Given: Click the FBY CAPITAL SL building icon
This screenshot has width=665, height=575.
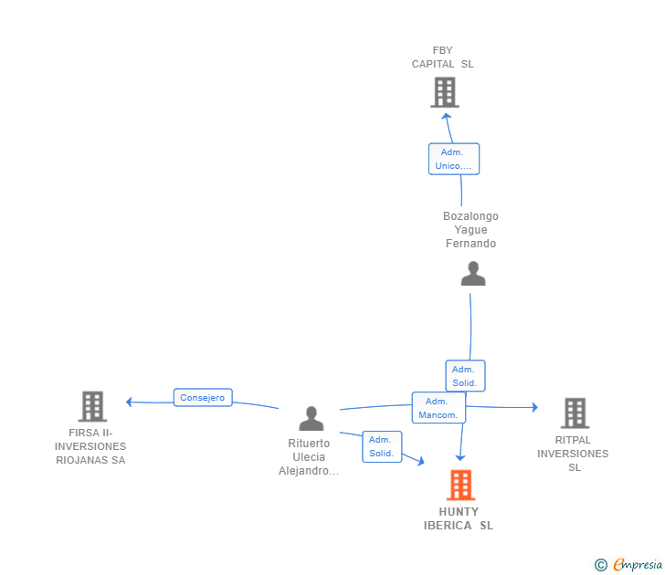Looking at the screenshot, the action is (x=445, y=92).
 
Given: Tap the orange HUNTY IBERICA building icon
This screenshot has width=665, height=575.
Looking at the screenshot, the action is (x=460, y=485).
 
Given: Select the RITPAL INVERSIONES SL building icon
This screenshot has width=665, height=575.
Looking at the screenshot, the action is (x=575, y=413).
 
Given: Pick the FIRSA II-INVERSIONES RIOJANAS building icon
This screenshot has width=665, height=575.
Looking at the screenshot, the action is (x=92, y=406).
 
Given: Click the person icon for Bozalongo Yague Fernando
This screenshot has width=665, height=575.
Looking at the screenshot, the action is (x=473, y=273).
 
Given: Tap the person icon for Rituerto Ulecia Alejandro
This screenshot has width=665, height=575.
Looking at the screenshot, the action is (x=311, y=418).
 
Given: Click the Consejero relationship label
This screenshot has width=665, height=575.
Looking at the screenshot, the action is (x=203, y=397).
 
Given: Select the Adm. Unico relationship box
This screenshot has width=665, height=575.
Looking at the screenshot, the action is (x=454, y=159).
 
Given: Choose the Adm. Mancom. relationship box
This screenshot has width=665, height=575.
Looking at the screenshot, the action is (x=438, y=408).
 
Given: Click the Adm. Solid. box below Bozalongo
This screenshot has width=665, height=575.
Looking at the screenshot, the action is (x=465, y=376).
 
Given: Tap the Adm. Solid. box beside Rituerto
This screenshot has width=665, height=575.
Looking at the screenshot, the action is (x=382, y=446).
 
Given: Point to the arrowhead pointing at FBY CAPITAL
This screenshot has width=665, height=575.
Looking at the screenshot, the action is (x=446, y=116).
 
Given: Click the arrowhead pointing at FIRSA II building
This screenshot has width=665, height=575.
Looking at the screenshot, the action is (x=130, y=402).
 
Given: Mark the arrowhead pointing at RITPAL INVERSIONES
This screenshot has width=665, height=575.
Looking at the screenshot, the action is (x=535, y=407).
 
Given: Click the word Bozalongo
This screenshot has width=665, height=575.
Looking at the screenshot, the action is (x=470, y=216).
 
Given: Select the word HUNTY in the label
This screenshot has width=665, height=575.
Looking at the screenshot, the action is (x=459, y=512).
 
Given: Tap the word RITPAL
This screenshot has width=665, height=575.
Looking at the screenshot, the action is (x=573, y=440).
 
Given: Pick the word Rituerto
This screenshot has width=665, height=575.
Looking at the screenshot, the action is (x=309, y=444).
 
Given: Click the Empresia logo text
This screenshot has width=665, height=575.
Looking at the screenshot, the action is (x=638, y=564).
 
